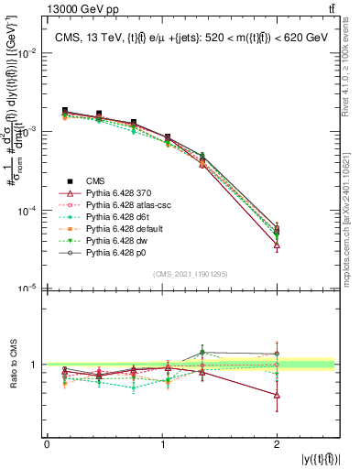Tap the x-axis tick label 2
(278, 444)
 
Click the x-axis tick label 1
(162, 444)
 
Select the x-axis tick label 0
(47, 444)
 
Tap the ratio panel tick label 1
(35, 365)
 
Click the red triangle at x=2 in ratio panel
(278, 395)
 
